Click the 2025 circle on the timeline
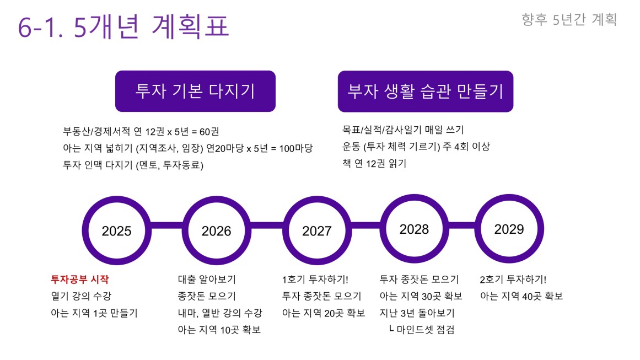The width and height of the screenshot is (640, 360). [116, 230]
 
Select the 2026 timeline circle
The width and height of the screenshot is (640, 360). [216, 230]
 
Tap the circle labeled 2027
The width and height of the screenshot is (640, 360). [317, 230]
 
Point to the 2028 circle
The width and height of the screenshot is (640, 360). [415, 229]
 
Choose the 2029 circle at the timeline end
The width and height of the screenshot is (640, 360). [509, 229]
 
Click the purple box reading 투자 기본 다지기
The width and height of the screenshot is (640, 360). [196, 91]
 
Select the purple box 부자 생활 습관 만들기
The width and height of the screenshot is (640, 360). [426, 92]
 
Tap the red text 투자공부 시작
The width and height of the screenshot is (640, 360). [80, 279]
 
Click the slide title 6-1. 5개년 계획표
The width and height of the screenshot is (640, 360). [123, 26]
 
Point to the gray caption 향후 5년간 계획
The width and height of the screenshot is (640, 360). [569, 19]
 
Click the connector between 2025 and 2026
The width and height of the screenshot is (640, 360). [166, 225]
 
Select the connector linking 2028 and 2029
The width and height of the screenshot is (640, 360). [462, 225]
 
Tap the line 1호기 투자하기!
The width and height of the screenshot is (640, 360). [315, 279]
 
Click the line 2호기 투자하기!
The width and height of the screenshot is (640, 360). [513, 279]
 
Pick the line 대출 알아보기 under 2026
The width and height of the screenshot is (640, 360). [207, 279]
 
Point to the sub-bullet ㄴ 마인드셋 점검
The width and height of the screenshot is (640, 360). [422, 329]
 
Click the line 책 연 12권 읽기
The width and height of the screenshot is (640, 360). [374, 163]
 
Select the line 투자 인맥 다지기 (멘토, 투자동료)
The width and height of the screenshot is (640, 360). [133, 165]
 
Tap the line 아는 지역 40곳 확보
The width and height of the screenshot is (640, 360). [521, 296]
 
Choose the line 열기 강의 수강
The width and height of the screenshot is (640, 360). [81, 296]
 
